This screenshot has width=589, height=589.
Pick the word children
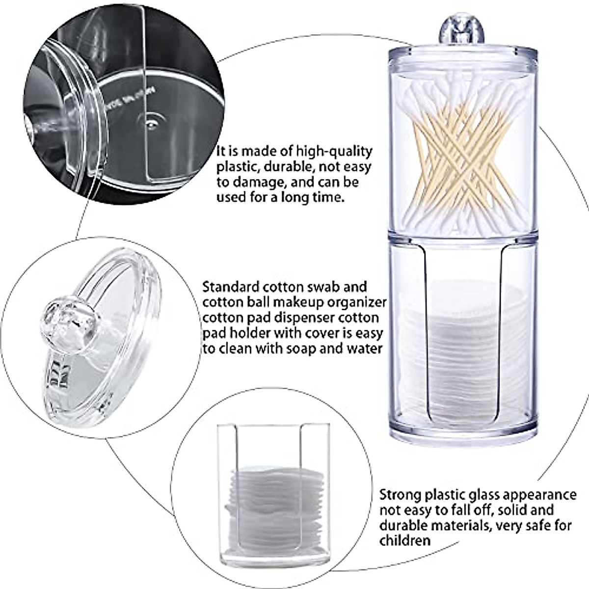(x=405, y=540)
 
